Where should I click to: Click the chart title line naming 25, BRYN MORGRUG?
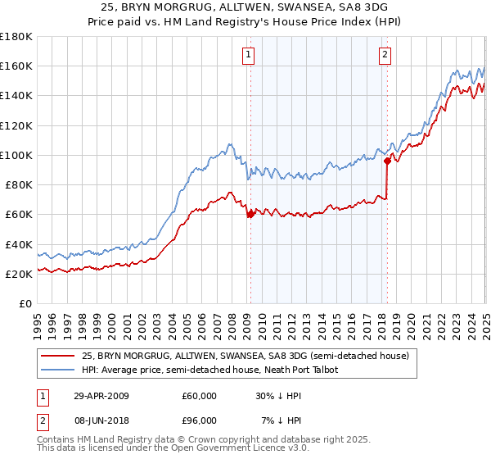pyautogui.click(x=245, y=7)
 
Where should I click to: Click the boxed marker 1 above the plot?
pyautogui.click(x=248, y=56)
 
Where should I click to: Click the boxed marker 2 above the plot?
pyautogui.click(x=384, y=56)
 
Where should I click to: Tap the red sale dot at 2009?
pyautogui.click(x=250, y=214)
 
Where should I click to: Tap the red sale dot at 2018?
pyautogui.click(x=387, y=161)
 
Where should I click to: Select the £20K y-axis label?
pyautogui.click(x=19, y=275)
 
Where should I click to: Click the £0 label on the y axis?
pyautogui.click(x=25, y=304)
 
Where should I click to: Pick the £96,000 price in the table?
pyautogui.click(x=199, y=420)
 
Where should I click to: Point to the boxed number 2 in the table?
pyautogui.click(x=43, y=420)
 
